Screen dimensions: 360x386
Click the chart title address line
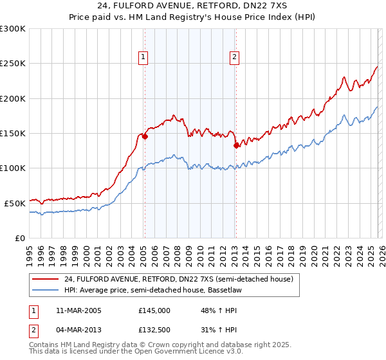tap(192, 6)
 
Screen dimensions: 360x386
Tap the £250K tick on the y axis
tap(13, 64)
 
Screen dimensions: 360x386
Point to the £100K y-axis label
tap(13, 168)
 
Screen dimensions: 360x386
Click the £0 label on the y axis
tap(21, 238)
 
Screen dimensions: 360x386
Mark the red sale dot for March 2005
tap(145, 136)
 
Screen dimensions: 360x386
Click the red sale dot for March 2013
tap(236, 145)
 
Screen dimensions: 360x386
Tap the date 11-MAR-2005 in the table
tap(80, 310)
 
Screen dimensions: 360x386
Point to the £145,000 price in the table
tap(154, 310)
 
